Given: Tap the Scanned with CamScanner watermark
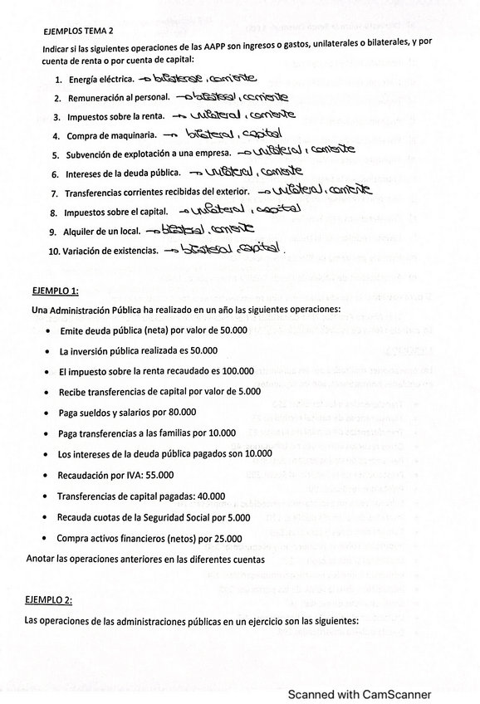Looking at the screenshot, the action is pyautogui.click(x=360, y=694).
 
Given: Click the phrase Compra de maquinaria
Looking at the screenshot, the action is pyautogui.click(x=110, y=135).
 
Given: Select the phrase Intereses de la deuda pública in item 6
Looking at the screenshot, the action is pyautogui.click(x=123, y=174).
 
